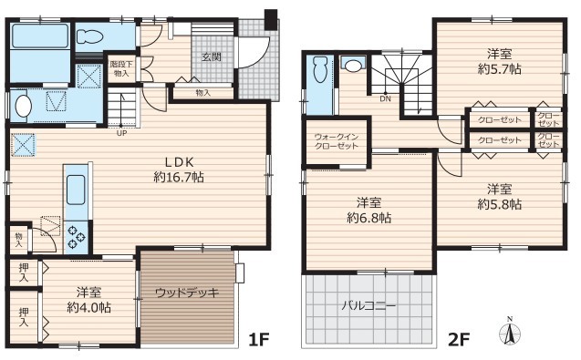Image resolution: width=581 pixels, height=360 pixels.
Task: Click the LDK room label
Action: point(180,162)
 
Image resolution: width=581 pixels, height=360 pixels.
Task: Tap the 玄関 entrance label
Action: point(212,57)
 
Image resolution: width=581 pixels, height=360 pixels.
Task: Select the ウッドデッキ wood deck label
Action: point(187,293)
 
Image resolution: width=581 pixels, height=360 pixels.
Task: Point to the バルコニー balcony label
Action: point(368,306)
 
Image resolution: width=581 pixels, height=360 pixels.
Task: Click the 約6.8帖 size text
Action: point(369,218)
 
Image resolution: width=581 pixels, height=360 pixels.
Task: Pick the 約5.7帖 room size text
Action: point(500,69)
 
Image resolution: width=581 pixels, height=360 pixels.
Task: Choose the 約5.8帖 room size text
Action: point(500,204)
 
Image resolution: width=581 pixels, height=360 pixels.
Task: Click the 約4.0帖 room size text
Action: point(89,307)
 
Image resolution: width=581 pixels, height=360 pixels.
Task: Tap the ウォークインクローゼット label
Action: point(337,141)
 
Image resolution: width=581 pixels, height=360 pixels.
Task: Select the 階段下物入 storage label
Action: point(121,69)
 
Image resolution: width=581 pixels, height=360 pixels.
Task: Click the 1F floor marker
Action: point(258,339)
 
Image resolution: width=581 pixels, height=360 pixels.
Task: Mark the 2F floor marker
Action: point(459,339)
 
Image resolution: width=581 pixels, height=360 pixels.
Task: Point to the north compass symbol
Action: point(510,332)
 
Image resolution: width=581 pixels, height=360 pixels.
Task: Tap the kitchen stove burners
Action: point(77,236)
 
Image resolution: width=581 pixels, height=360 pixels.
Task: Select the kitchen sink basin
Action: point(76,190)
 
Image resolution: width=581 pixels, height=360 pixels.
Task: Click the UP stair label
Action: point(121,133)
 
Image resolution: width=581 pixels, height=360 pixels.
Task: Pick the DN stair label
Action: point(385,99)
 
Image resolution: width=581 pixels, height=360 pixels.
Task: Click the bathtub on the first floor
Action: point(39,36)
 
